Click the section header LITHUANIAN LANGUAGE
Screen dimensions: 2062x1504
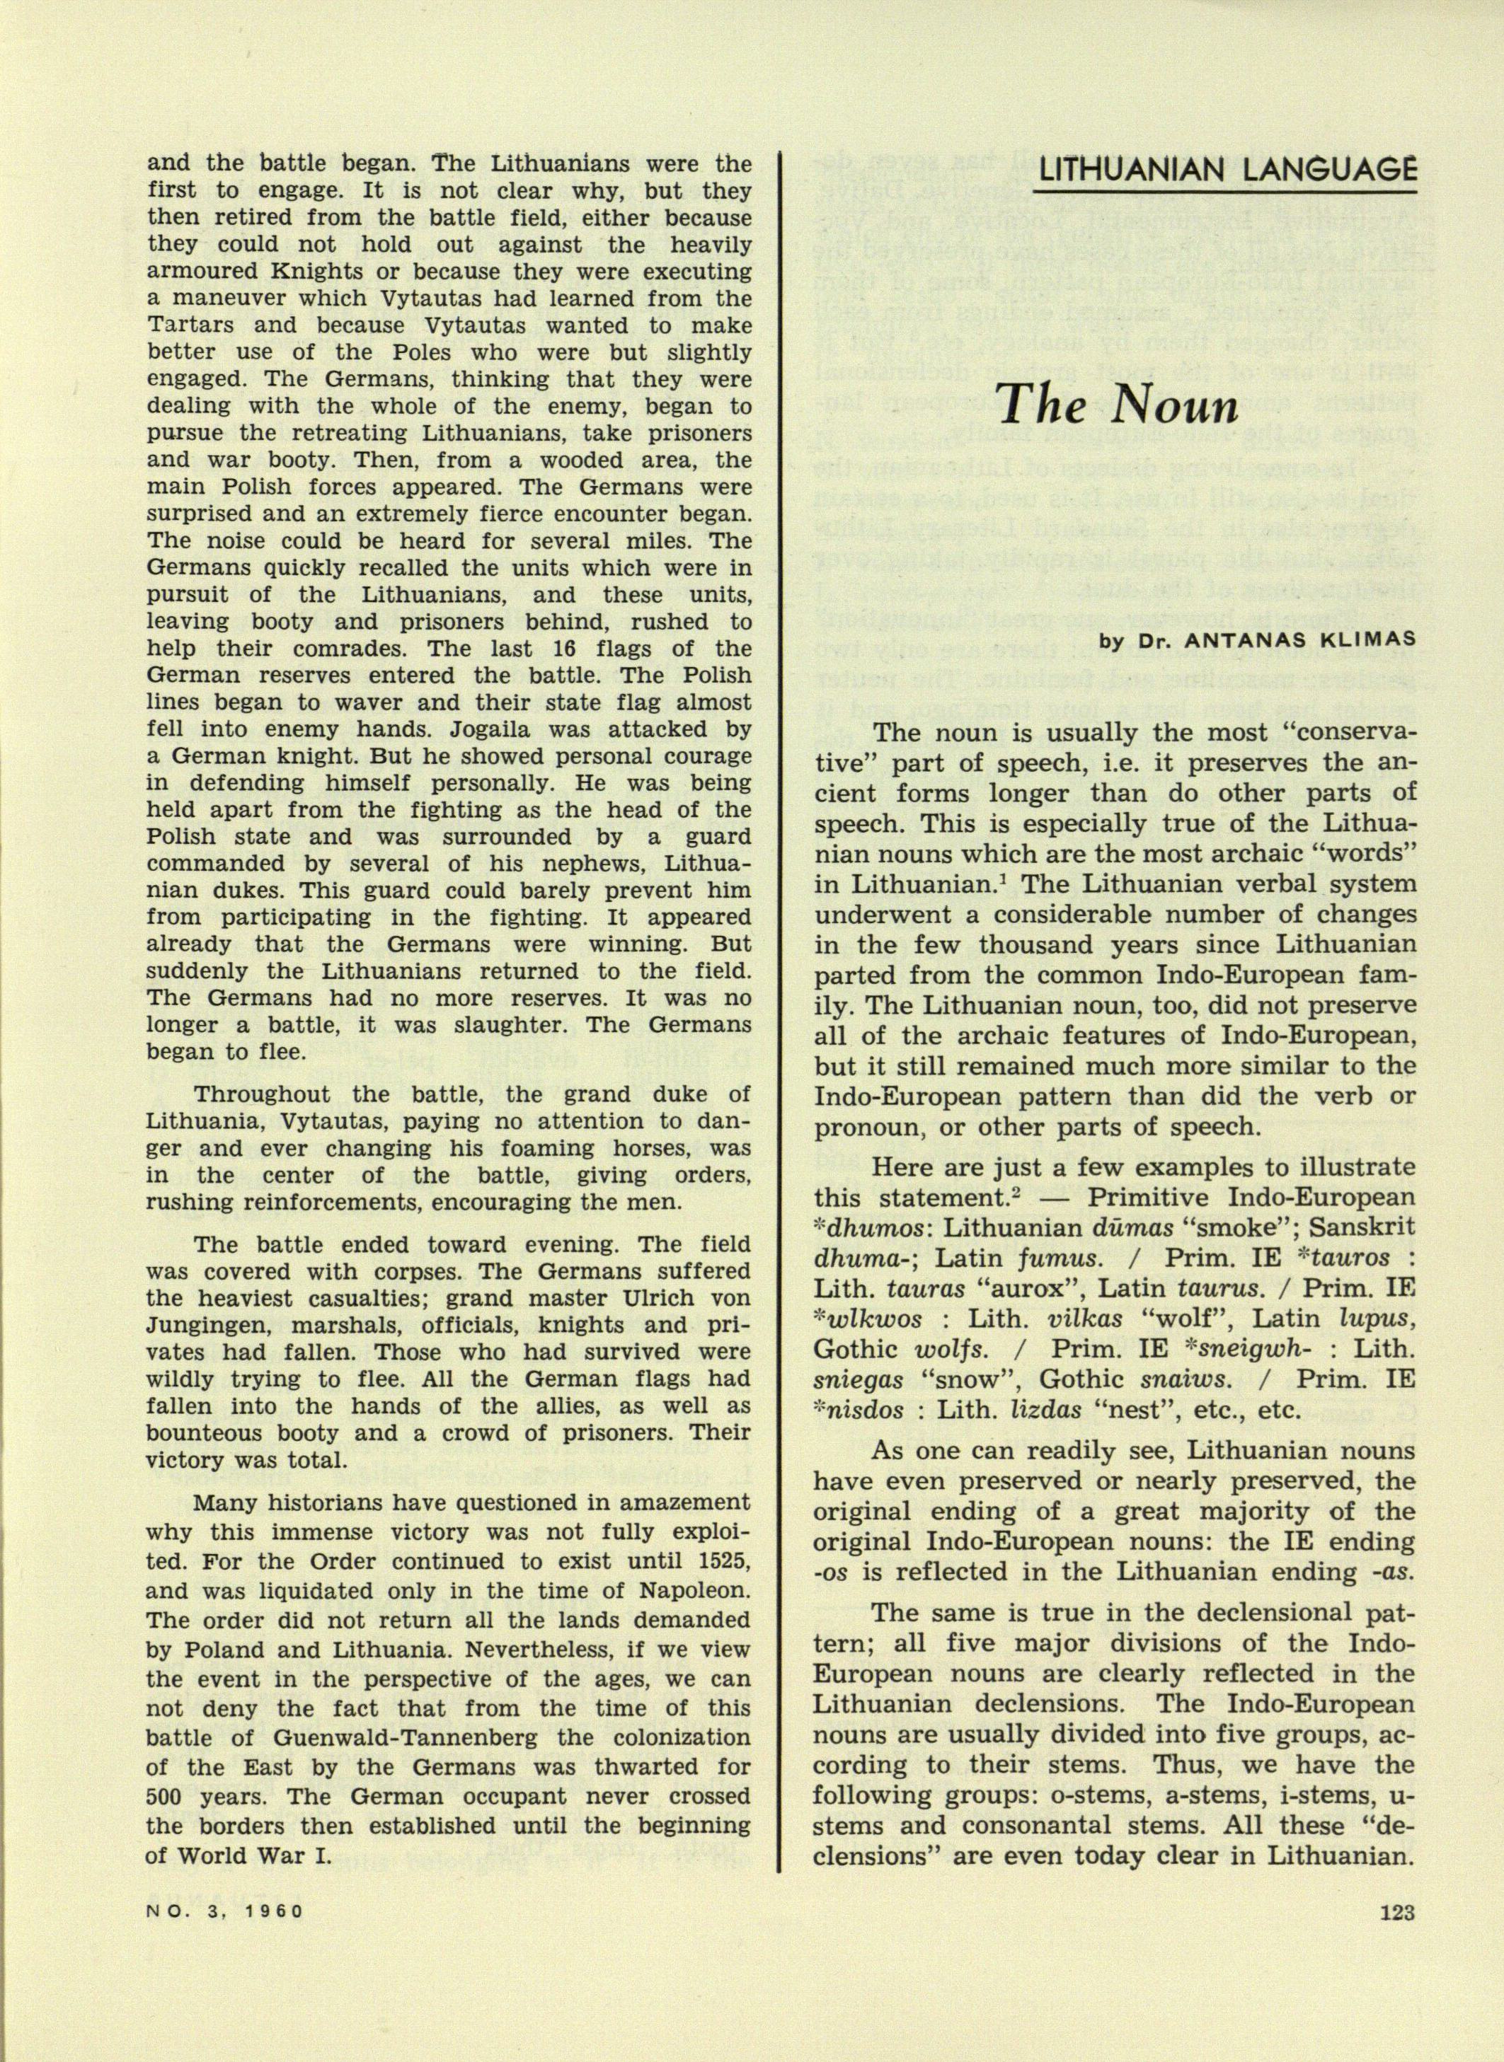1227,169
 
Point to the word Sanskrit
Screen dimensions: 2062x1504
1358,1229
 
